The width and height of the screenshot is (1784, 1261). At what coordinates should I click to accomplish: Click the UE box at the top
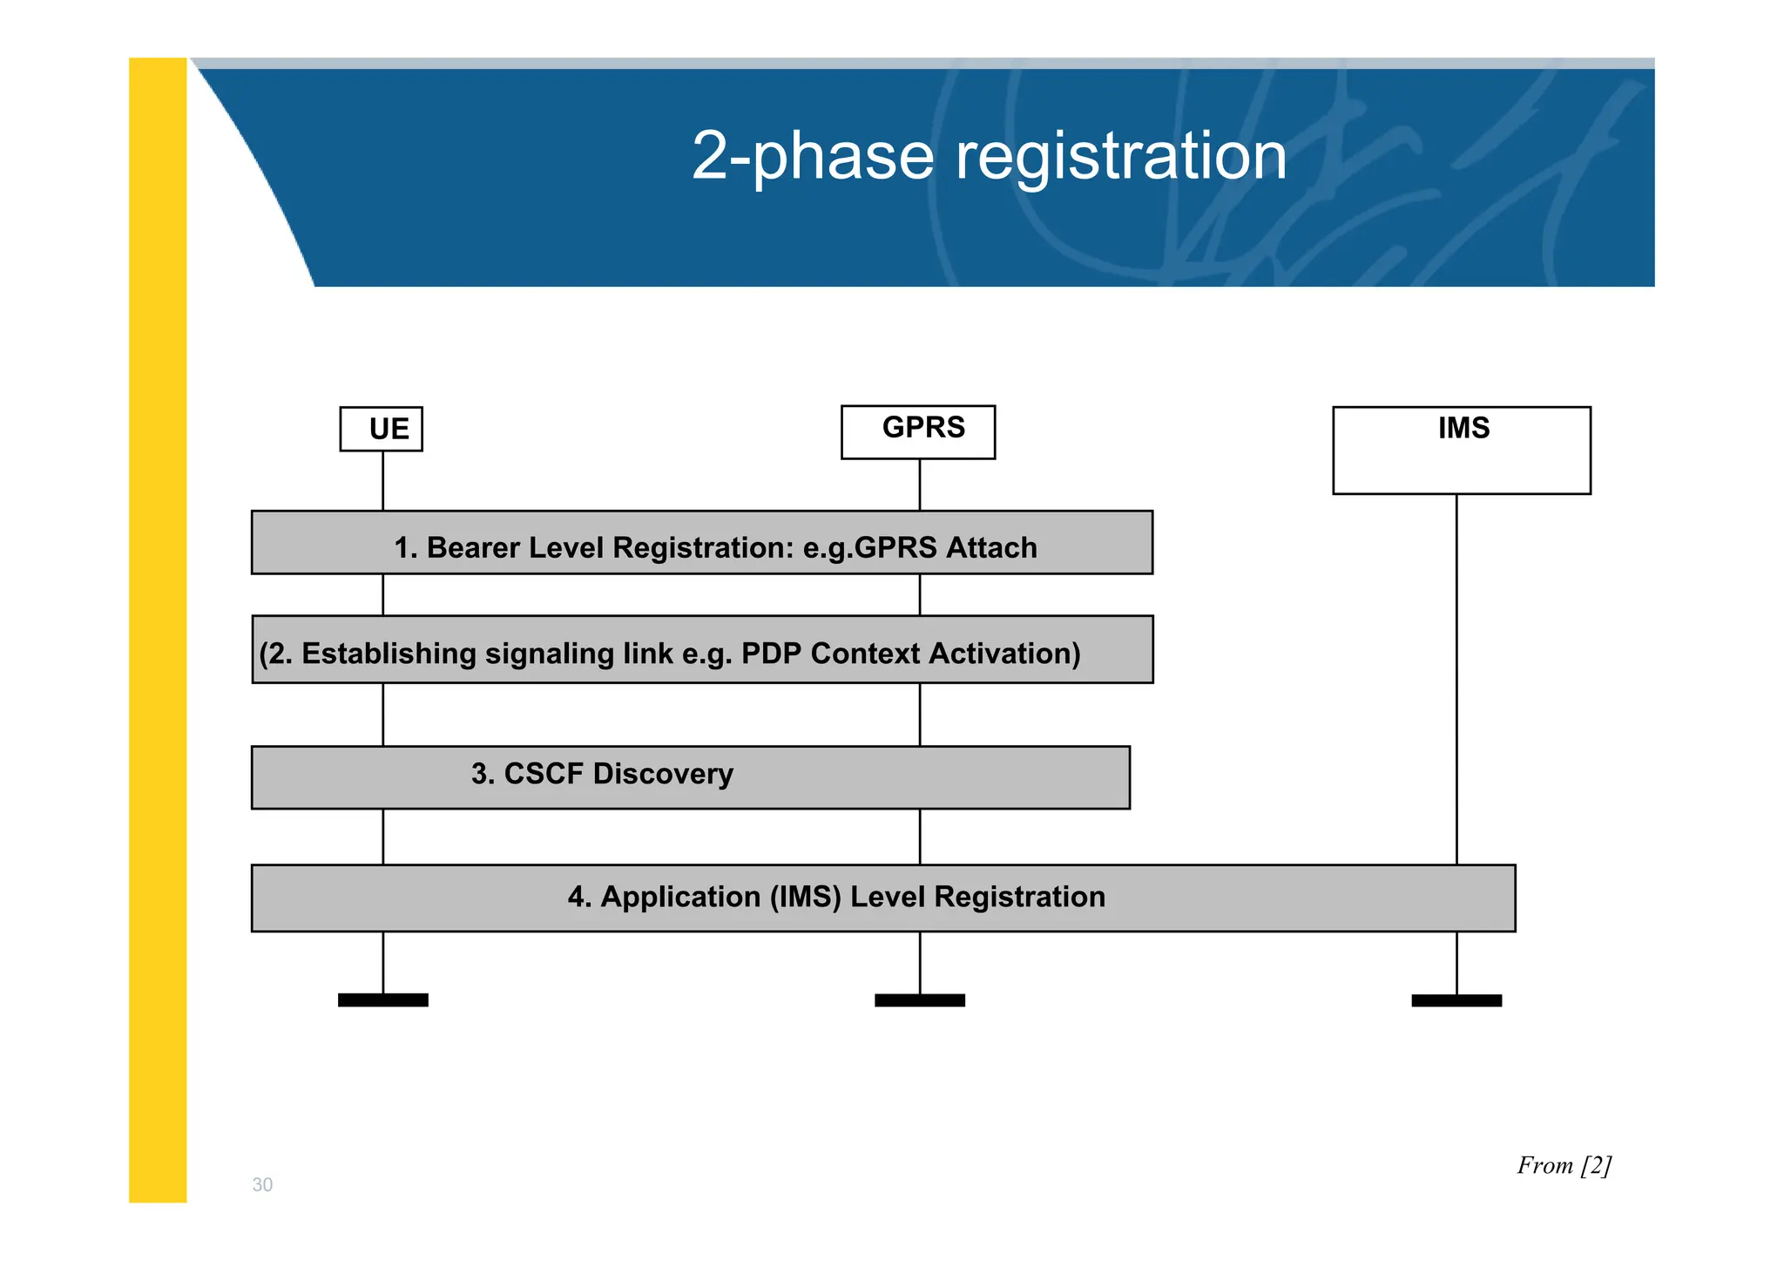tap(382, 429)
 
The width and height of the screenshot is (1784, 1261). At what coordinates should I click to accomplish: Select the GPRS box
tap(918, 431)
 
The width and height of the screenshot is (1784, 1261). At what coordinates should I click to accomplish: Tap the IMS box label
tap(1463, 428)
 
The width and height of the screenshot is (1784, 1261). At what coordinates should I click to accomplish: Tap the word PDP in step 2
tap(771, 654)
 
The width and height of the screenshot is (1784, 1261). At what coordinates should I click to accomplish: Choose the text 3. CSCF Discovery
tap(602, 774)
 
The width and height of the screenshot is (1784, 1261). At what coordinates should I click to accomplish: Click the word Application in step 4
tap(680, 897)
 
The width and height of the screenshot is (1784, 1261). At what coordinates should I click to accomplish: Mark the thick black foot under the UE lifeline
tap(382, 1000)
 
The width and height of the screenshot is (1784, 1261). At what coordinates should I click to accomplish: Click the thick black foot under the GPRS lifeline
tap(919, 1000)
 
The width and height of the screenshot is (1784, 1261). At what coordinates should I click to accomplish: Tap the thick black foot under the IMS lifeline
tap(1456, 1000)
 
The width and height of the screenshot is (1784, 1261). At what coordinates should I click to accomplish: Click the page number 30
tap(262, 1184)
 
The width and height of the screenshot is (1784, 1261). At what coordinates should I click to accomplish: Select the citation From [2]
tap(1564, 1165)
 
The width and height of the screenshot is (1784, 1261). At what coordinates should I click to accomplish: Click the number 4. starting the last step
tap(579, 897)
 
